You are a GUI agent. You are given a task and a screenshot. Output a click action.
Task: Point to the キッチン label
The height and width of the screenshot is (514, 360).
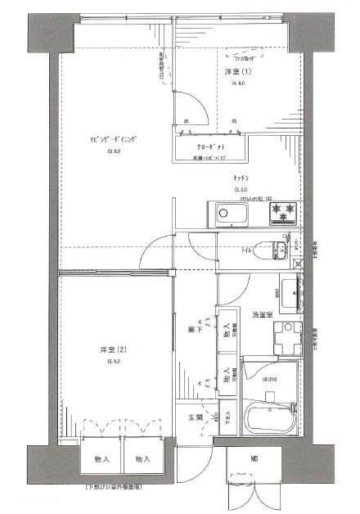tap(240, 178)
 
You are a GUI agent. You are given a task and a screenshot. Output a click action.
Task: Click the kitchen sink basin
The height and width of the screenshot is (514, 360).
tap(232, 215)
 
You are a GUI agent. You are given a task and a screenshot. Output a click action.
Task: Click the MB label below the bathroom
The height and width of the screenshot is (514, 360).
tap(254, 458)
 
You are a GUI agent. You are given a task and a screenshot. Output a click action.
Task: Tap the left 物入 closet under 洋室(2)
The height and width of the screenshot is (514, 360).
tap(102, 459)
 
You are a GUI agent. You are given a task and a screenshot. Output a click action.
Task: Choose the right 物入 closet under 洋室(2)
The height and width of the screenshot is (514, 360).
tap(143, 459)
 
